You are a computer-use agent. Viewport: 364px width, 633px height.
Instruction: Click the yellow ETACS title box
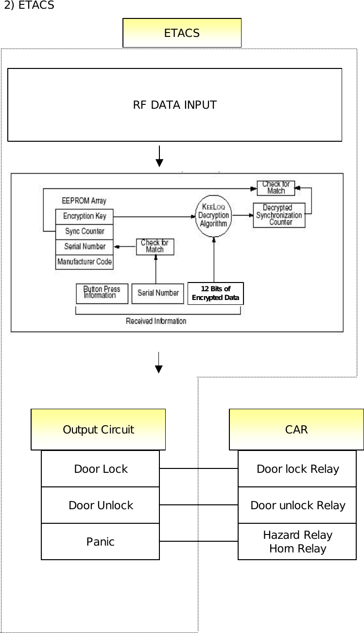point(182,33)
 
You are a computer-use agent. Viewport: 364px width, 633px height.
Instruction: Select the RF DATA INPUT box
point(174,105)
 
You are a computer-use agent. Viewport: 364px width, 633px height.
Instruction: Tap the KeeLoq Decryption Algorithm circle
point(213,215)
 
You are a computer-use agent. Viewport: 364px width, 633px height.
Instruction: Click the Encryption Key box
point(85,217)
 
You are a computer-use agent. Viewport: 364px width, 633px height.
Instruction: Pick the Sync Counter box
point(85,232)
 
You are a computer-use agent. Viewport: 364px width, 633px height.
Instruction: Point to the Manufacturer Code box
point(85,262)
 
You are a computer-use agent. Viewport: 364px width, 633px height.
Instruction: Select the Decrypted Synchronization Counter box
point(279,215)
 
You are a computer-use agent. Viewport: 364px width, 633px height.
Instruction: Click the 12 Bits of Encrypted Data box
point(215,293)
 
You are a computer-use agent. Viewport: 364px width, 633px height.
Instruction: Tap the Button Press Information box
point(102,293)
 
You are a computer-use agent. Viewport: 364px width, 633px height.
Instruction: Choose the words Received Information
point(156,321)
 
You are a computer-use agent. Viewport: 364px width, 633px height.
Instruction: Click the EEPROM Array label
point(84,200)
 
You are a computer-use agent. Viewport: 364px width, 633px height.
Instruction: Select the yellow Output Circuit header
point(98,430)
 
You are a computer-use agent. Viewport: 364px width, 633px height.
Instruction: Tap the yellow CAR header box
point(296,430)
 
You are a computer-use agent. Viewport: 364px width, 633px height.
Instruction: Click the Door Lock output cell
point(101,469)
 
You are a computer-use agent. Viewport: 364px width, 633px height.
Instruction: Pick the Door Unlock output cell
point(101,505)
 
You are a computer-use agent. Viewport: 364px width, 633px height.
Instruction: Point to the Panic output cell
point(101,542)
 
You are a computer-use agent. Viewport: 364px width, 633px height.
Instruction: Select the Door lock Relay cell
point(297,469)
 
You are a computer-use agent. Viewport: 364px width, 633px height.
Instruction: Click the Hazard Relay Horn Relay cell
point(297,542)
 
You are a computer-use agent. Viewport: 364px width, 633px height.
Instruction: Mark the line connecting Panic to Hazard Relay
point(199,541)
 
